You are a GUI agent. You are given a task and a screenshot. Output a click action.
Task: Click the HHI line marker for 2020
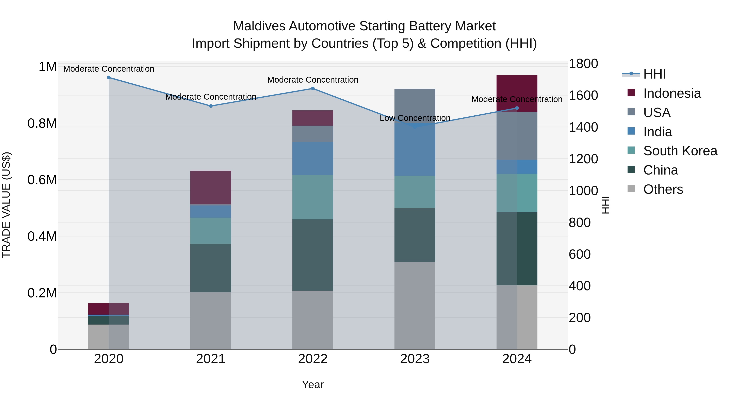click(109, 78)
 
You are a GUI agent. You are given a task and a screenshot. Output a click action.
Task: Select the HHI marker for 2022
click(313, 88)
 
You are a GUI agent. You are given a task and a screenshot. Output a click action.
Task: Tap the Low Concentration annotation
click(415, 118)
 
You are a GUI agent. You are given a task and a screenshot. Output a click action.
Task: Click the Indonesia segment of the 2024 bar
click(517, 91)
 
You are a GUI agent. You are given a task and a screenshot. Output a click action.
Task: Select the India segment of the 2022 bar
click(313, 159)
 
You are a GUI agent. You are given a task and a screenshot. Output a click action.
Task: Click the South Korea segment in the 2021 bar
click(211, 231)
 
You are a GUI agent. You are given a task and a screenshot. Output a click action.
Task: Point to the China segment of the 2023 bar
click(415, 235)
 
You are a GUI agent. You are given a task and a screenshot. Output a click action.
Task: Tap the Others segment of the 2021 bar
click(211, 321)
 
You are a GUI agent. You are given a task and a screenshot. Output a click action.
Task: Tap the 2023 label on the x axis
click(415, 359)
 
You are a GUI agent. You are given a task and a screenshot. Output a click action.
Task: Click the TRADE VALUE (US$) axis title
click(6, 205)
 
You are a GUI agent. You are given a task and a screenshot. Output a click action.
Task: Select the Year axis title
click(313, 384)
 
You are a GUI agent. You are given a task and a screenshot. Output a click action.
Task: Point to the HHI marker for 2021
click(211, 106)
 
